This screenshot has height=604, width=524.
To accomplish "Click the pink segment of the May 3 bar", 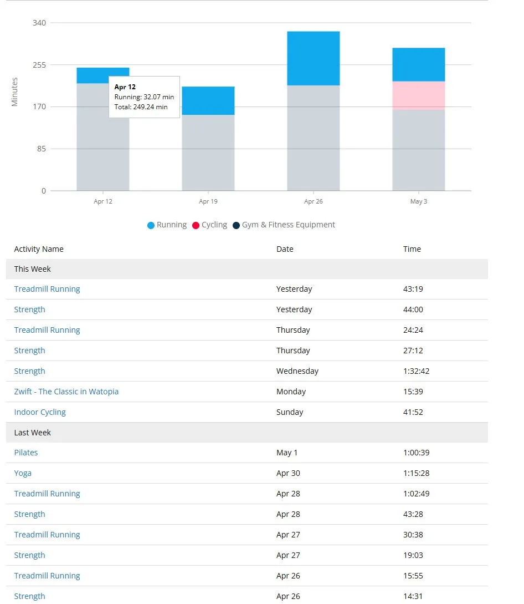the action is (x=419, y=95).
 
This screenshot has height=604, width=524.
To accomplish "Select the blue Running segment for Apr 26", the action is (x=313, y=58).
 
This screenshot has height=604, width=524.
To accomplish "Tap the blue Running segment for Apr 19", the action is (x=208, y=100).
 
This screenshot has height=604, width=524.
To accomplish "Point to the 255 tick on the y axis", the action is (x=39, y=65).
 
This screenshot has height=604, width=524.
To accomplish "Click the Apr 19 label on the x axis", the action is (x=208, y=201).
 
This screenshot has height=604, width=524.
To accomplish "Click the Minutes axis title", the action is (x=14, y=92).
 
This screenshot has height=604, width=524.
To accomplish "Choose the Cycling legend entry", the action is (x=210, y=225).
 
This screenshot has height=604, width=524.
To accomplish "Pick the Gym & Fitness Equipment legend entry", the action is (x=284, y=225).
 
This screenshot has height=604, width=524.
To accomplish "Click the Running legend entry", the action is (x=167, y=225).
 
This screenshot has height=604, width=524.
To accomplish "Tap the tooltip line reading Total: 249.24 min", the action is (x=141, y=107).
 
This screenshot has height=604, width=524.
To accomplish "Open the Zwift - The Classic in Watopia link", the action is (x=66, y=392).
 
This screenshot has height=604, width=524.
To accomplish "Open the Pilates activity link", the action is (x=26, y=453).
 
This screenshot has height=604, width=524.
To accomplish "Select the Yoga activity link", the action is (x=23, y=473).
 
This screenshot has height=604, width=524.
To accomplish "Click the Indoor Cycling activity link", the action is (x=40, y=412).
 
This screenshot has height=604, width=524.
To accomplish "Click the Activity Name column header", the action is (x=39, y=249).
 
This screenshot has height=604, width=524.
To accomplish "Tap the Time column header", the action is (x=412, y=249).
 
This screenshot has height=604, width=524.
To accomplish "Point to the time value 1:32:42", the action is (x=417, y=371).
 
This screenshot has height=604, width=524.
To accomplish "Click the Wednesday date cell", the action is (x=297, y=371).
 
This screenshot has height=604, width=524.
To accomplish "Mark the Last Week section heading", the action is (x=32, y=433).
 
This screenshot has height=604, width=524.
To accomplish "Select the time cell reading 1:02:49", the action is (x=417, y=494).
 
